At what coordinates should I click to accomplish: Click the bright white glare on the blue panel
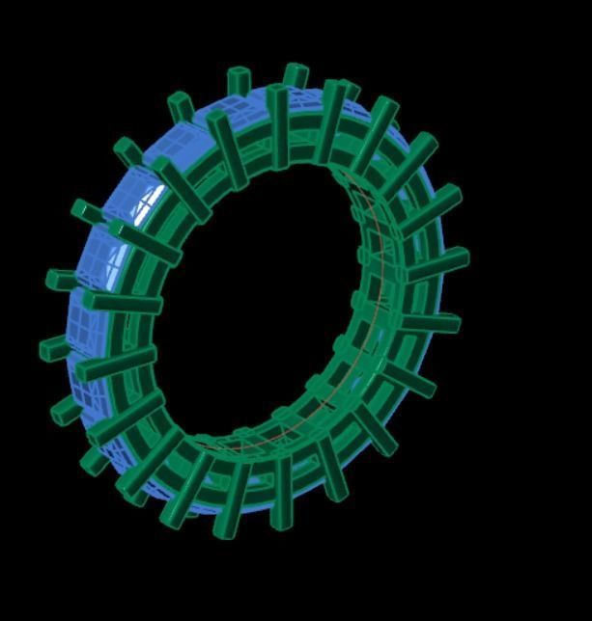tap(145, 202)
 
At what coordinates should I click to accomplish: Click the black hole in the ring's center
tap(261, 309)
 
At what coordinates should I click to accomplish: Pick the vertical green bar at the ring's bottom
tap(281, 492)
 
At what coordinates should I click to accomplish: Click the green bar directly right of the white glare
tap(180, 189)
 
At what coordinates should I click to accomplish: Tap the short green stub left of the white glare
tap(86, 211)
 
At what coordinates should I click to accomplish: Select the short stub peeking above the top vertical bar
tap(296, 76)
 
